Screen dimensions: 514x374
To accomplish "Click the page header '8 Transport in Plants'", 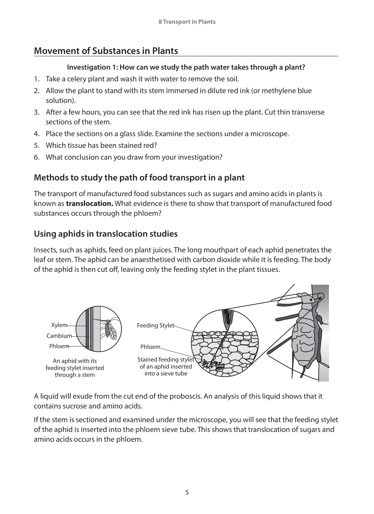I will [x=187, y=22].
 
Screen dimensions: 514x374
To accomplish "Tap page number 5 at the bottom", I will [x=187, y=492].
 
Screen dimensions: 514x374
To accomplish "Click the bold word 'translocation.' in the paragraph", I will [x=89, y=204].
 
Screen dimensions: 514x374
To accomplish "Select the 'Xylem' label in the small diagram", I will [x=59, y=325].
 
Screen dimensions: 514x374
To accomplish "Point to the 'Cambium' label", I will [x=59, y=336].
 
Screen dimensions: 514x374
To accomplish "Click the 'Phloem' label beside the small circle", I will [x=59, y=346].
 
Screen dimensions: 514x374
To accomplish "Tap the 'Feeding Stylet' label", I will [x=155, y=326].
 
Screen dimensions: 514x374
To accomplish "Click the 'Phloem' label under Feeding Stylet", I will [x=150, y=347].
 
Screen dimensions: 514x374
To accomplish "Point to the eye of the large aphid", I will [x=311, y=300].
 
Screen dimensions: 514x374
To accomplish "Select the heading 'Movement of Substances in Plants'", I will [x=106, y=51].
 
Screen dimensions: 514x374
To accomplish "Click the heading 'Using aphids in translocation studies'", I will [x=106, y=234].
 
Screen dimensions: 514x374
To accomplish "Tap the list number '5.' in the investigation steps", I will [x=37, y=146].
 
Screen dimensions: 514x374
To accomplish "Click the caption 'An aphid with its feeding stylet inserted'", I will [x=75, y=364].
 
